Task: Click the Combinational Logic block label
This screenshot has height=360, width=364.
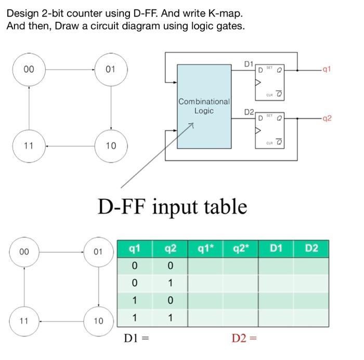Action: point(204,106)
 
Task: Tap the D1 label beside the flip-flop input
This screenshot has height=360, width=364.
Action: point(249,64)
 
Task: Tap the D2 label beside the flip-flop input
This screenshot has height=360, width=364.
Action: point(249,112)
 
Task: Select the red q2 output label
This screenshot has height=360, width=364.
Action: point(326,118)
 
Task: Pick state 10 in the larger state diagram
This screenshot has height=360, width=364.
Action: point(111,146)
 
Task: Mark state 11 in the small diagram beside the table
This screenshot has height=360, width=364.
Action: point(23,320)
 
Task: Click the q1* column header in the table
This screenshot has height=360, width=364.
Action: point(205,249)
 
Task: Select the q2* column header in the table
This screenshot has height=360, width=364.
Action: point(240,249)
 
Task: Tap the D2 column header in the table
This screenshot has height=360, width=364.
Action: point(311,249)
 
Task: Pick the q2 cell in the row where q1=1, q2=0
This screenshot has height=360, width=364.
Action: point(170,301)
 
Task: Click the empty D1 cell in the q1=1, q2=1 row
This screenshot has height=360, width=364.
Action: point(276,318)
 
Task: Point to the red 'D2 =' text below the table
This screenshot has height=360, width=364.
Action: point(245,339)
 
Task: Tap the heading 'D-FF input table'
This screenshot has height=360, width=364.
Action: point(172,207)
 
